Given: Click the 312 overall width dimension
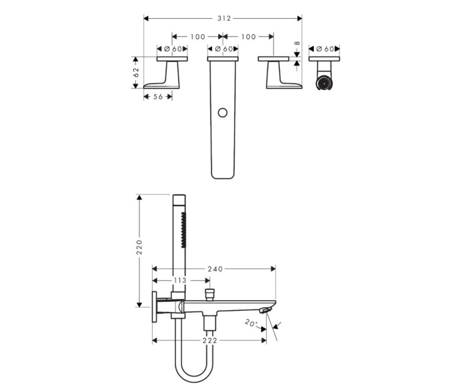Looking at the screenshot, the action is click(x=224, y=19).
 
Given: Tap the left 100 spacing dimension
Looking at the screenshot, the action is click(x=197, y=37).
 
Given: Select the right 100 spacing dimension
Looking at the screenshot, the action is click(x=248, y=37).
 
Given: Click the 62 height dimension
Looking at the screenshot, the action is click(x=136, y=73).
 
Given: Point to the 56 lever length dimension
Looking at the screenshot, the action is click(x=158, y=97).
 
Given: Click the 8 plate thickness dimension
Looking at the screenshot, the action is click(x=297, y=43).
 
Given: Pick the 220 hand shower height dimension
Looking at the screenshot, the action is click(x=140, y=247).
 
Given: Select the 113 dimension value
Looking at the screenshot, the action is click(x=180, y=281).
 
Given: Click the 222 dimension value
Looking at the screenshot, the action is click(x=210, y=341).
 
